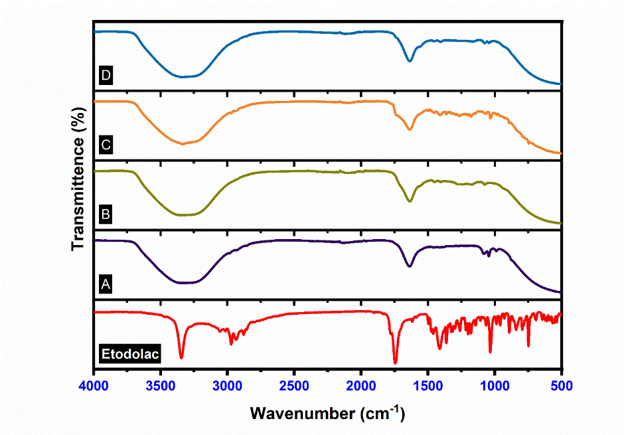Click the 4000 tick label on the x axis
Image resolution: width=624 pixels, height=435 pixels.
[x=95, y=385]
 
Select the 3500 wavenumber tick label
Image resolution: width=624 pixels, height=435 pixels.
[x=161, y=385]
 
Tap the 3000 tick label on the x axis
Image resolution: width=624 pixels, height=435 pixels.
[x=228, y=385]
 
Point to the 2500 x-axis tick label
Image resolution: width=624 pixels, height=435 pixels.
[x=295, y=385]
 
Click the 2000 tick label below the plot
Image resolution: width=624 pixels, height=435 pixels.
[x=361, y=385]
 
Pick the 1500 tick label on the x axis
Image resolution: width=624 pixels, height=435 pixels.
[x=428, y=385]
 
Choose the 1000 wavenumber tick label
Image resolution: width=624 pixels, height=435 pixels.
[x=495, y=385]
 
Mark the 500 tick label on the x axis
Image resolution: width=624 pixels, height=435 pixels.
[x=561, y=385]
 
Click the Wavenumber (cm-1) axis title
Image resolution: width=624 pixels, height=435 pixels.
[x=327, y=412]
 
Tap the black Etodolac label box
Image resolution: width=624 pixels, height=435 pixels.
[x=129, y=354]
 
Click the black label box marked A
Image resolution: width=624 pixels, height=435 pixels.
[x=105, y=284]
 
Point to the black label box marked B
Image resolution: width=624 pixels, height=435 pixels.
[x=105, y=214]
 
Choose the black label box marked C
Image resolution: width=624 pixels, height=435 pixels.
[x=105, y=144]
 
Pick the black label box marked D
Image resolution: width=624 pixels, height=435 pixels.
[x=105, y=74]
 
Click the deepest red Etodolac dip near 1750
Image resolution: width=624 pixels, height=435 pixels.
[x=395, y=362]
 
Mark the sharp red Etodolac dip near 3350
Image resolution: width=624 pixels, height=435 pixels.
[x=181, y=357]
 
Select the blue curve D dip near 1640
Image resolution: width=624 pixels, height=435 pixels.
[x=410, y=61]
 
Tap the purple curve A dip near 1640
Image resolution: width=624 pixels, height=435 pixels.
[x=410, y=266]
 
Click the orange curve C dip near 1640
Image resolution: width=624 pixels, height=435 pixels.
[x=410, y=130]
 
